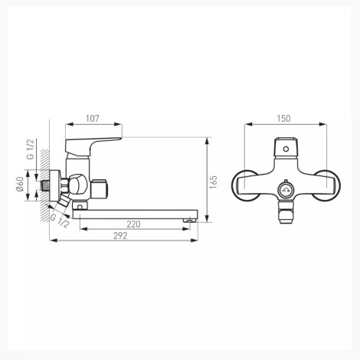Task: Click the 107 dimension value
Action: tap(93, 119)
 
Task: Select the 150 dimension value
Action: tap(283, 119)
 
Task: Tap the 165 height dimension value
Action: tap(214, 182)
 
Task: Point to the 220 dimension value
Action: tap(133, 224)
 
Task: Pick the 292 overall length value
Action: tap(120, 236)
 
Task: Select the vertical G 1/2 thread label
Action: tap(31, 149)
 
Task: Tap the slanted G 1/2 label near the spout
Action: tap(60, 221)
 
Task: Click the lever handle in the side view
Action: tap(93, 146)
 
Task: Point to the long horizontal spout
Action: tap(136, 214)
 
